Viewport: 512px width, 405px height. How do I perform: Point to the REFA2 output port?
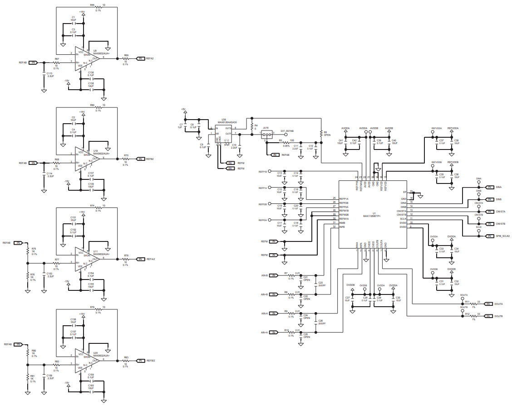pos(141,58)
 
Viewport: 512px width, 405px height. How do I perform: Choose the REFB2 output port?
pos(141,159)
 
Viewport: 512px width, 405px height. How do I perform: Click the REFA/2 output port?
pos(141,259)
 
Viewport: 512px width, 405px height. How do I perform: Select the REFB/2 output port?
pos(141,361)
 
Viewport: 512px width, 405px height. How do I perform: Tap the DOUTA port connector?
pos(488,304)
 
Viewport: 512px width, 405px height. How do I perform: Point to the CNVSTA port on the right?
pos(489,212)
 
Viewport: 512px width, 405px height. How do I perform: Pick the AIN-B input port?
pos(274,275)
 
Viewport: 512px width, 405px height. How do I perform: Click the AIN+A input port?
pos(274,333)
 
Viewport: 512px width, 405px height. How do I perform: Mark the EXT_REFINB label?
pos(287,130)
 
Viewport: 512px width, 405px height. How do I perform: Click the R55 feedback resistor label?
pos(92,5)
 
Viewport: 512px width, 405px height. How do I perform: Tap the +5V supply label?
pos(183,109)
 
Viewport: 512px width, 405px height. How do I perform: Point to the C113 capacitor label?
pos(49,73)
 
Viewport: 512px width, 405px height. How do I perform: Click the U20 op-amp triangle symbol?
pos(86,361)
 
